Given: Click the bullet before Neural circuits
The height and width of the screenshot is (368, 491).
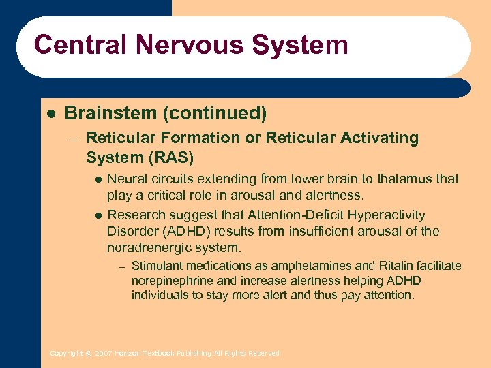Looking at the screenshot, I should pos(98,179).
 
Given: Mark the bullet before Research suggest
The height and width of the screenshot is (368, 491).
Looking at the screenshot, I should pos(98,215).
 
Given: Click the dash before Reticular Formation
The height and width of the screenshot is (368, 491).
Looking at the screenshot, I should pos(74,138).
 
